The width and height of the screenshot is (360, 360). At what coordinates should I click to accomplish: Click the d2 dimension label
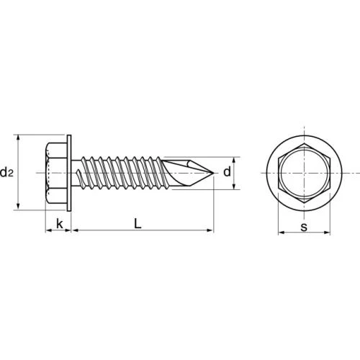(x=6, y=172)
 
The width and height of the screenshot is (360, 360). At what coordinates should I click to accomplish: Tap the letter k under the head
(x=60, y=224)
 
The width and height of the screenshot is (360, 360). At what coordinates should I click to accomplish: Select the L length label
(x=138, y=223)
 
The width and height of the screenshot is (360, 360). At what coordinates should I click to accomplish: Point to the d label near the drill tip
(x=227, y=172)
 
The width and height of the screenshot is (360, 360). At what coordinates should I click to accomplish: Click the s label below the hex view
(x=304, y=227)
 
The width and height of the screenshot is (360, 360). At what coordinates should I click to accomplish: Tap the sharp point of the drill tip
(x=214, y=173)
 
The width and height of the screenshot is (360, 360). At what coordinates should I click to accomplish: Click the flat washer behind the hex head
(x=69, y=173)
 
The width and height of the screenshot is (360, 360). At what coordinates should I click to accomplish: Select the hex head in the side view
(x=56, y=173)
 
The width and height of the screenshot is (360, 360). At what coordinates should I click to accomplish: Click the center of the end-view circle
(x=304, y=173)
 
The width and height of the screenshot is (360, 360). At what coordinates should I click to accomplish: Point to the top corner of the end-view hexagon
(x=304, y=143)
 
